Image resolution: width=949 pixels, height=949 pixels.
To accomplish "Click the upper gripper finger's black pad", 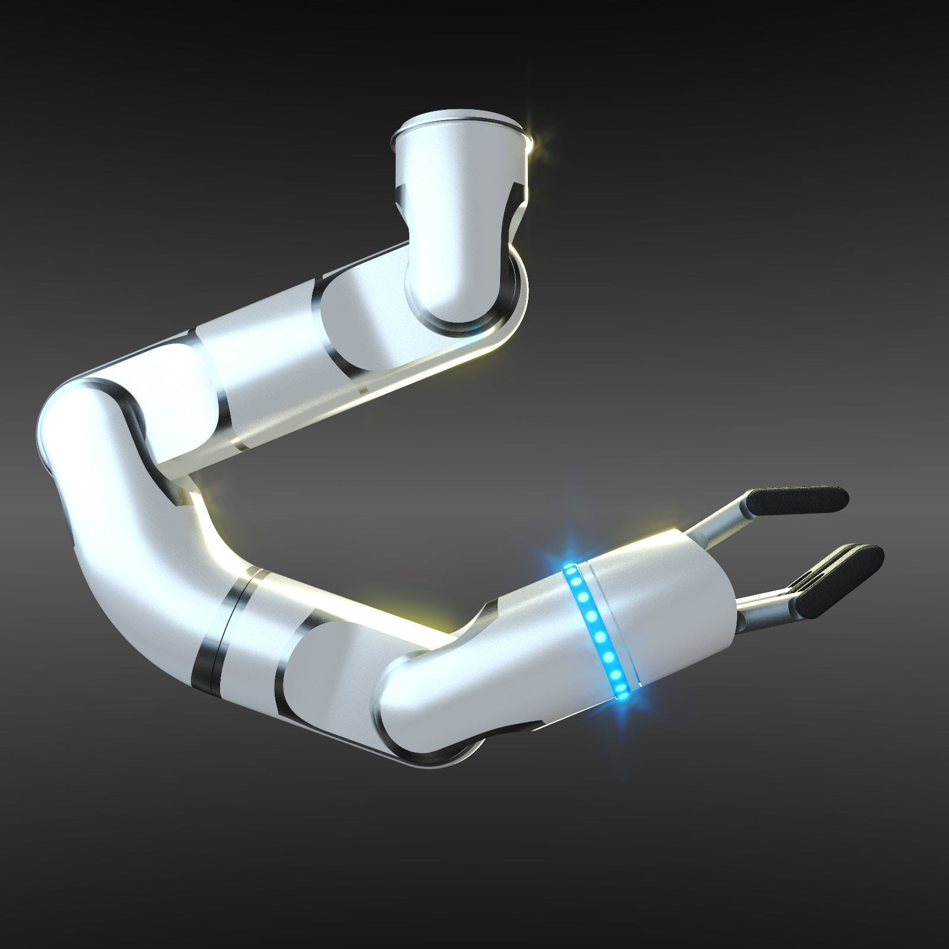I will point(798,500).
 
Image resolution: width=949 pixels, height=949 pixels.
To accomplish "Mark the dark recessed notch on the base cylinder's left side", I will point(401,202).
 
